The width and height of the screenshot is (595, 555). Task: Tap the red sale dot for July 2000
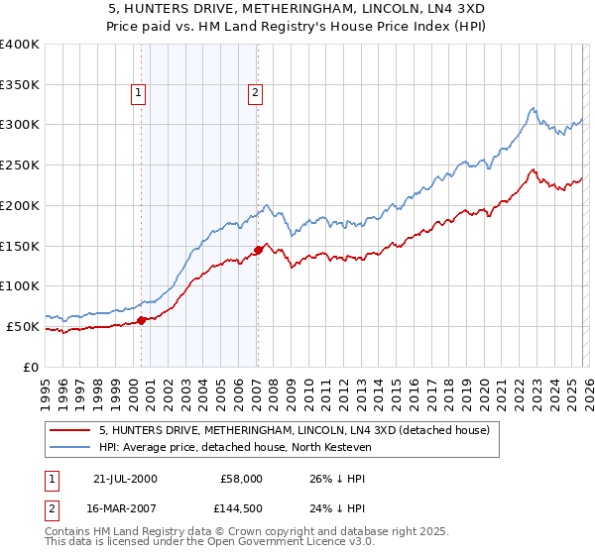click(x=142, y=319)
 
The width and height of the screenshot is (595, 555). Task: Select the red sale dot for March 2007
click(x=258, y=250)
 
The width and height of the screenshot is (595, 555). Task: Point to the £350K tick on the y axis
click(x=20, y=84)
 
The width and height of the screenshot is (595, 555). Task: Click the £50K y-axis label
click(x=23, y=326)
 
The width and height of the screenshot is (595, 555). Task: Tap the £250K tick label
click(x=20, y=166)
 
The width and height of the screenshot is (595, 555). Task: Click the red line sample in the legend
click(x=72, y=431)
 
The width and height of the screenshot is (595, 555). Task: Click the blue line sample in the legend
click(x=72, y=448)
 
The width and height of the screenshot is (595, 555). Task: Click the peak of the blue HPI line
click(x=533, y=108)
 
